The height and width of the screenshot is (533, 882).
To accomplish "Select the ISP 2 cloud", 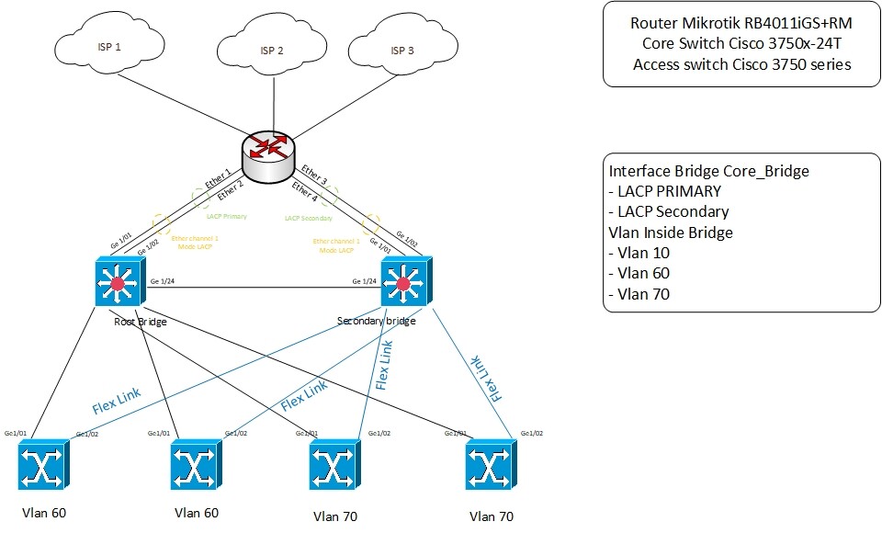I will pos(273,51).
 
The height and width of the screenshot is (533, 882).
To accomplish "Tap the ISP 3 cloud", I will pos(402,51).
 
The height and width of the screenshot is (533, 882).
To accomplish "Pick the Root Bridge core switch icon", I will pos(118,282).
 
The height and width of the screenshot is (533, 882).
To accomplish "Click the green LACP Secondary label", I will pos(307,219).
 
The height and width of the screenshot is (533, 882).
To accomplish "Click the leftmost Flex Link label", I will pos(117,400).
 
